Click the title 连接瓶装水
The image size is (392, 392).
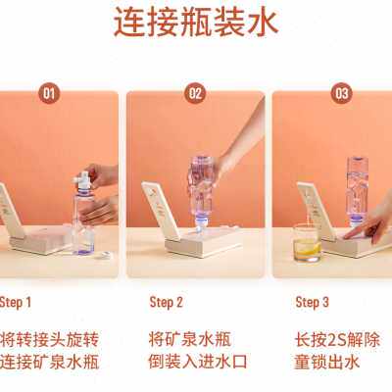pos(196,23)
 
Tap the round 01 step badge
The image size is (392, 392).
pos(49,93)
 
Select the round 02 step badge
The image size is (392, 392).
pos(195,93)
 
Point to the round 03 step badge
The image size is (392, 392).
pos(342,93)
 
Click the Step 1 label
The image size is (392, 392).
pos(16,303)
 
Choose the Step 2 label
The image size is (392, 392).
pos(166,303)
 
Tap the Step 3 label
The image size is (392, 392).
pos(312,303)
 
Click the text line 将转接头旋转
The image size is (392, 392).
pos(49,340)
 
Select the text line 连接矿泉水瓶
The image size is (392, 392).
pos(49,362)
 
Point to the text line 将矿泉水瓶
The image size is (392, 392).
pos(190,340)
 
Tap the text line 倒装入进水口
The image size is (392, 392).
pos(198,362)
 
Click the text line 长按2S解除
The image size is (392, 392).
pos(337,340)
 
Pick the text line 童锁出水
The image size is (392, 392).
pos(326,362)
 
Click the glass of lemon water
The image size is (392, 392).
pos(308,243)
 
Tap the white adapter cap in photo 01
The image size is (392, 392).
pos(82,181)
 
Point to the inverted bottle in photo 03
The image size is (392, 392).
pos(357,192)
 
